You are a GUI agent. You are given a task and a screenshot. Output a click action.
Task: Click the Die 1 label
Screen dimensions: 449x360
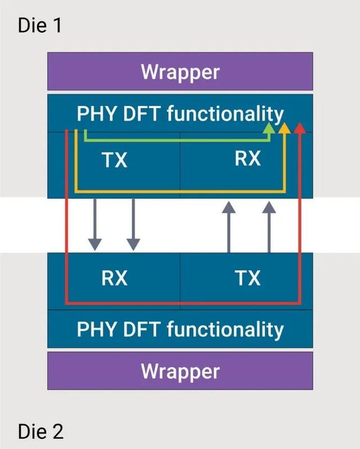(x=40, y=25)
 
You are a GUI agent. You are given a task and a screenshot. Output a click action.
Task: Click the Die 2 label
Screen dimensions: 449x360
(x=40, y=432)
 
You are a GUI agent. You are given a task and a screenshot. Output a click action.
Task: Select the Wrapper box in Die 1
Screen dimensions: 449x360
(x=180, y=72)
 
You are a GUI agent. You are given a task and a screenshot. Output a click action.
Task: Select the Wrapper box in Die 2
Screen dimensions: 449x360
(x=180, y=371)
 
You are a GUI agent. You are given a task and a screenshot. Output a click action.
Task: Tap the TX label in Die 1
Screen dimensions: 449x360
(x=115, y=161)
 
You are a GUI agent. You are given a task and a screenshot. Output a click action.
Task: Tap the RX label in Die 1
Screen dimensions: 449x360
(x=247, y=159)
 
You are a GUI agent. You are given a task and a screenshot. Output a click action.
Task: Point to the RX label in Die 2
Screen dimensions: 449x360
(x=114, y=278)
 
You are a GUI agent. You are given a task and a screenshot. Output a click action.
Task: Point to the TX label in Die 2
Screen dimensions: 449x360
(x=247, y=278)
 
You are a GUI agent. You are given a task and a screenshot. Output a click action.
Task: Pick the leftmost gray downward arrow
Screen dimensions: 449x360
(x=95, y=225)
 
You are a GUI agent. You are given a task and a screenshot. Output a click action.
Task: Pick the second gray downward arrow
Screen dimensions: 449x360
(x=133, y=225)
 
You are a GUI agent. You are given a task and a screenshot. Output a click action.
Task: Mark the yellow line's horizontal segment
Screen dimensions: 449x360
(x=180, y=192)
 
